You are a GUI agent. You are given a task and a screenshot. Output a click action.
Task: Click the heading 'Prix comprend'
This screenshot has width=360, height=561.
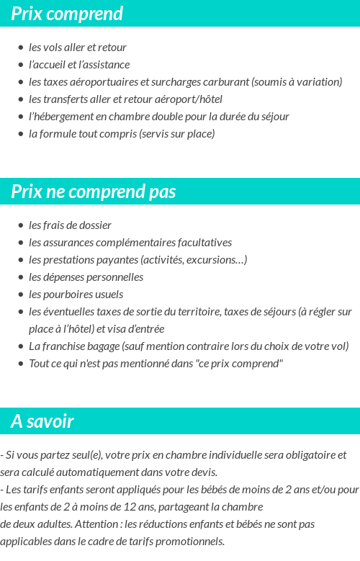click(x=67, y=14)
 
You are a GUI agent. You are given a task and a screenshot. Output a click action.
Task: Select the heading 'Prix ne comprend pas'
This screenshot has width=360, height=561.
click(x=94, y=192)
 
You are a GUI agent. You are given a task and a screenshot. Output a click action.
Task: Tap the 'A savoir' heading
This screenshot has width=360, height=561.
click(x=42, y=421)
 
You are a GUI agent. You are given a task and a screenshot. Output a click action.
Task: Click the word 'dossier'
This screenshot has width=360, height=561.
click(x=94, y=225)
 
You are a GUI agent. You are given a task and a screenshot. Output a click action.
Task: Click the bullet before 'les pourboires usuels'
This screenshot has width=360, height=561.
click(x=20, y=295)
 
